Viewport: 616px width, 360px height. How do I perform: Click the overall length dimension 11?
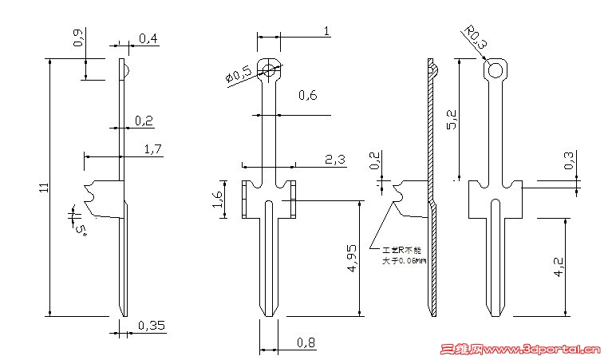(x=44, y=188)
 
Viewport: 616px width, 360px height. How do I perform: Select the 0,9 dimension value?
(x=77, y=38)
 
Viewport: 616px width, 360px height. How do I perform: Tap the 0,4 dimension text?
(x=148, y=38)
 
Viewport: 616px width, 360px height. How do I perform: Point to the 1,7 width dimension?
(x=153, y=148)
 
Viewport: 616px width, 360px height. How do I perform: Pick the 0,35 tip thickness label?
(x=152, y=325)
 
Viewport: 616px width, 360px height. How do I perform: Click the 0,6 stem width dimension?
(x=308, y=96)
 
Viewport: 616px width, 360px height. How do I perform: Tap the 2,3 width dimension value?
(x=335, y=160)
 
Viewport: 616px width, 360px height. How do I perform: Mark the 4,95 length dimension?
(x=352, y=257)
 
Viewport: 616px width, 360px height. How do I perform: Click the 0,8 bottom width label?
(x=306, y=344)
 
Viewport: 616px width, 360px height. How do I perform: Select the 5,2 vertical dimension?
(x=452, y=120)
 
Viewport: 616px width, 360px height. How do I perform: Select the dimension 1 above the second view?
(x=326, y=30)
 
